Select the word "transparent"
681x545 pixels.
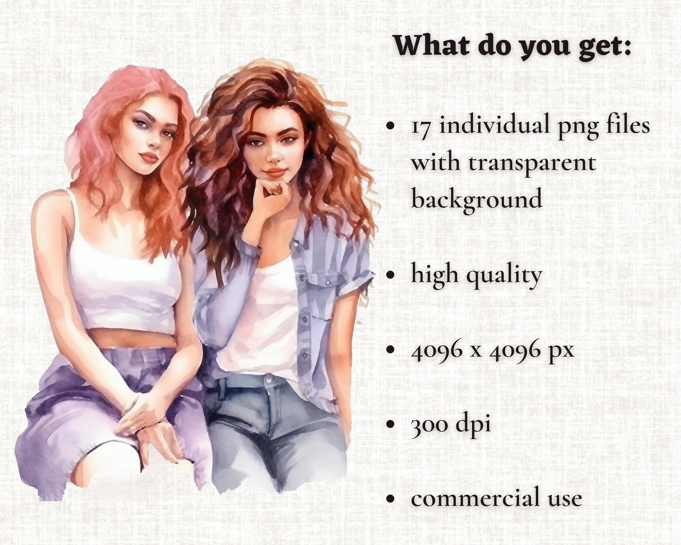pyautogui.click(x=532, y=164)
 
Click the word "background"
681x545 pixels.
pyautogui.click(x=476, y=200)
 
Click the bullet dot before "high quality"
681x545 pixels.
pyautogui.click(x=391, y=275)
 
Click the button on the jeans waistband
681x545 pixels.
pyautogui.click(x=269, y=378)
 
